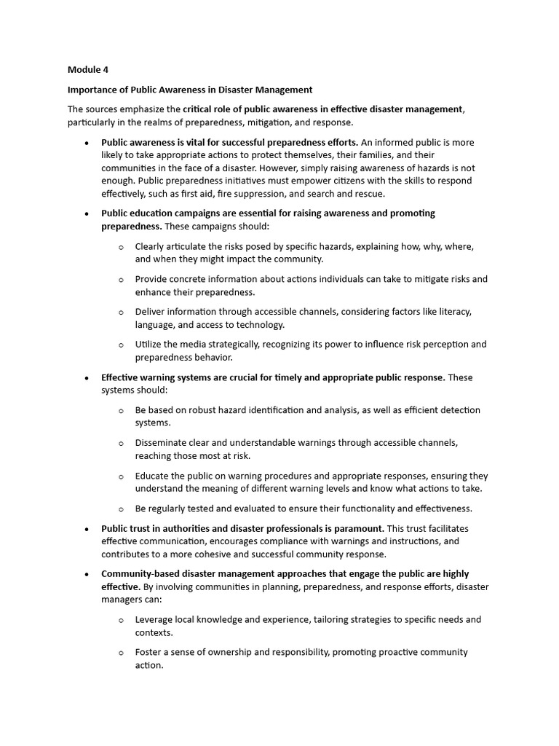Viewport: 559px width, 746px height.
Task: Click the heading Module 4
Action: pos(88,70)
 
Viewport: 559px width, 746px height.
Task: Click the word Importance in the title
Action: pos(94,90)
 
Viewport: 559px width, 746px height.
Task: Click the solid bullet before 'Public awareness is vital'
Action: pos(87,143)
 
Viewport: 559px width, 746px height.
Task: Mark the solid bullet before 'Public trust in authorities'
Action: pos(87,528)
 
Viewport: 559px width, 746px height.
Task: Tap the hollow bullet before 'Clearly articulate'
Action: pos(121,247)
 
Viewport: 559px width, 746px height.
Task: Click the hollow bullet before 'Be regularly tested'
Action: pos(121,509)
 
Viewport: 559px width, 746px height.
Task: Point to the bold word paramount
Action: pos(359,528)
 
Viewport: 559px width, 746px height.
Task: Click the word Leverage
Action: pos(156,619)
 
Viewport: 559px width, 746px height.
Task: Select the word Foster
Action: pos(149,652)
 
